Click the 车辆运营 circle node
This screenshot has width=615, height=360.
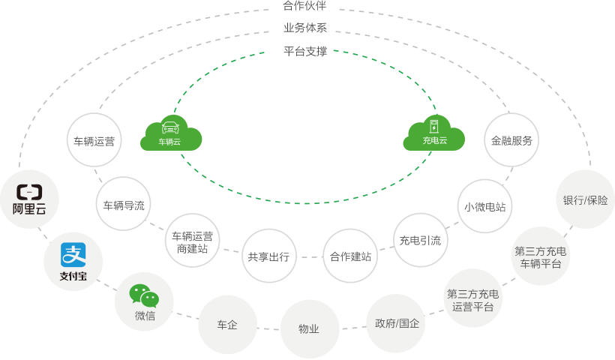[x=94, y=140]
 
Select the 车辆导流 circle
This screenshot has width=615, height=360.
[x=124, y=204]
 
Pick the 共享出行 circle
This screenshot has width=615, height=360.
[x=268, y=256]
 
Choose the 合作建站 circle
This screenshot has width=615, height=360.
[x=350, y=256]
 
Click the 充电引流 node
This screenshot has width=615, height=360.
[x=420, y=240]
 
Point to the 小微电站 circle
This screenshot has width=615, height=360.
[x=484, y=206]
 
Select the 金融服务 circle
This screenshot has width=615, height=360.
[x=511, y=140]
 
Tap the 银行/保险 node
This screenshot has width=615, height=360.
[x=585, y=200]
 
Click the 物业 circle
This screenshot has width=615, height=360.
[x=309, y=328]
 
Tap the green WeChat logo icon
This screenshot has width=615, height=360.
[x=144, y=295]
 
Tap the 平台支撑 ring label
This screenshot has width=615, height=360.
[x=305, y=52]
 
